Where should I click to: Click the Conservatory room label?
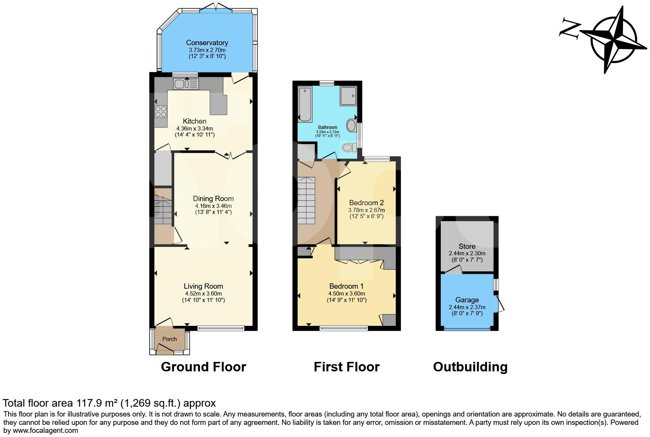[x=207, y=43]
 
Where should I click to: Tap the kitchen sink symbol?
[x=186, y=83]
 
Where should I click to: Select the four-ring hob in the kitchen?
[x=161, y=111]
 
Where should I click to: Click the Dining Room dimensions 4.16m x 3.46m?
[x=213, y=206]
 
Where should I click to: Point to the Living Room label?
[x=203, y=286]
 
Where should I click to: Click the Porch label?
[x=169, y=339]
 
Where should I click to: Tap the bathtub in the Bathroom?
[x=305, y=103]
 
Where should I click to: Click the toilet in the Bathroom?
[x=349, y=147]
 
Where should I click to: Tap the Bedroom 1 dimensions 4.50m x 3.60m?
[x=347, y=293]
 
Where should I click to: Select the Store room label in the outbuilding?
[x=467, y=246]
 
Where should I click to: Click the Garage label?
[x=467, y=300]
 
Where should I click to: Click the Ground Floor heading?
[x=204, y=367]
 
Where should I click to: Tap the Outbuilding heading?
[x=470, y=367]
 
